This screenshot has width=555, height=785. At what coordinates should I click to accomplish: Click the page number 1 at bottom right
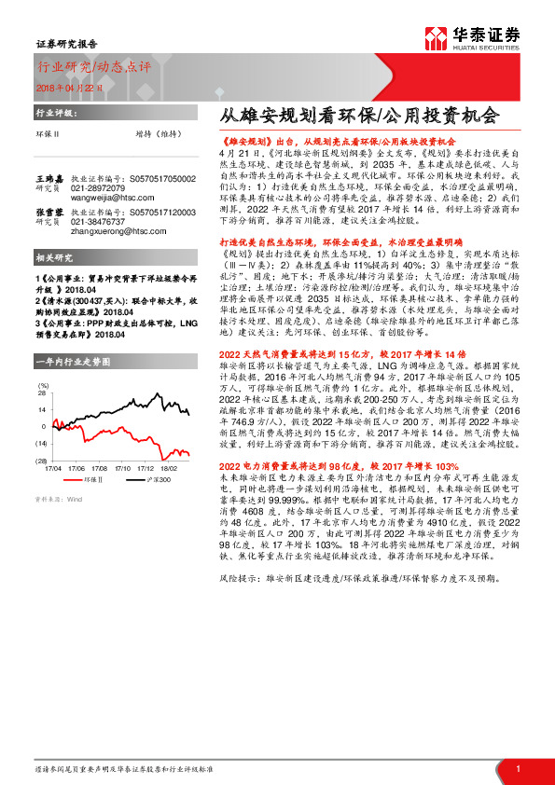coord(518,767)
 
